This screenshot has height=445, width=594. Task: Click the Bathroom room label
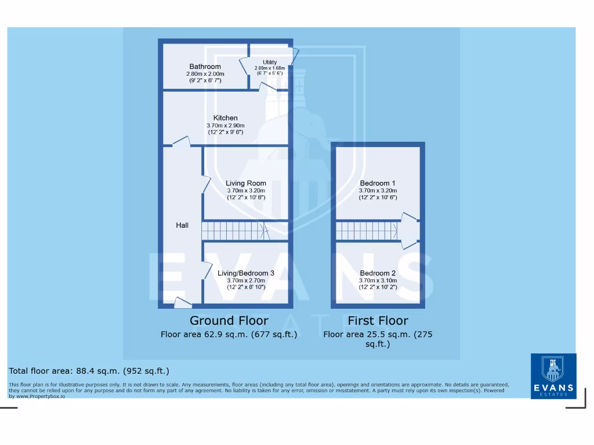click(205, 67)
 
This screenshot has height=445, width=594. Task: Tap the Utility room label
click(270, 62)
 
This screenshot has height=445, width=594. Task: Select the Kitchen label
click(225, 118)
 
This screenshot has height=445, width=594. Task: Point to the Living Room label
click(246, 183)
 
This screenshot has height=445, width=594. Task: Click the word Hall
click(182, 225)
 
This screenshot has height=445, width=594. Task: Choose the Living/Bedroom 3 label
click(246, 273)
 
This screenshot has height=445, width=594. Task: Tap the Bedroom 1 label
click(378, 183)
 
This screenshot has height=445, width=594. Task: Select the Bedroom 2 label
click(378, 273)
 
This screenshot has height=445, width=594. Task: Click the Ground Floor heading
click(229, 320)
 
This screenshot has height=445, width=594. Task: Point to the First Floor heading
click(378, 320)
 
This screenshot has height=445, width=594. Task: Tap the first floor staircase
click(367, 231)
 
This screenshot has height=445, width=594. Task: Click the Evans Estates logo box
click(553, 376)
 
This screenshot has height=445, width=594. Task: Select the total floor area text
click(89, 371)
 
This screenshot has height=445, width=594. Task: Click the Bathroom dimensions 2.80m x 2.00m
click(205, 74)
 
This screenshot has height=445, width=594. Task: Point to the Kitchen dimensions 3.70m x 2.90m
click(225, 126)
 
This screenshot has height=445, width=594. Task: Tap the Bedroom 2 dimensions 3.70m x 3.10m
click(378, 280)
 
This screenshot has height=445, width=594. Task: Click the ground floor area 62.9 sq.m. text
click(229, 334)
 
